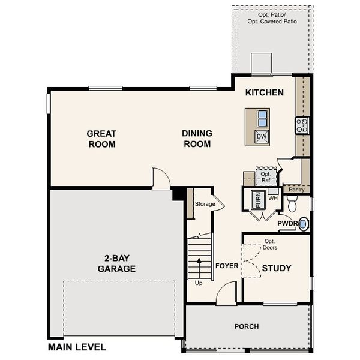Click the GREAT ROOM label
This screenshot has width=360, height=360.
pos(101,139)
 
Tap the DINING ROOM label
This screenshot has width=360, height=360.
pos(196,139)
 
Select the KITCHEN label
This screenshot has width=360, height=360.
pos(264,93)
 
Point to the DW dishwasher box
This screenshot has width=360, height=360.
pos(261,137)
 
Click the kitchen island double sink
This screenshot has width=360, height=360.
pos(261,116)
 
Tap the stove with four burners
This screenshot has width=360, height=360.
pos(302,125)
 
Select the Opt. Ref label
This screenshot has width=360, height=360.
pos(265,176)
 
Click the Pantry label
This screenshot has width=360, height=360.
pos(296,190)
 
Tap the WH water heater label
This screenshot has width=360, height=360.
pos(272,197)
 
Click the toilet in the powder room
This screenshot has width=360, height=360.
pos(292,206)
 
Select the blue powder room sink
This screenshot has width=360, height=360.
pos(304,224)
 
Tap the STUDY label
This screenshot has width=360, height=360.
pos(277,268)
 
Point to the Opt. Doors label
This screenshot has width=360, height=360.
pos(269,244)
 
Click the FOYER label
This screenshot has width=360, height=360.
pos(227,265)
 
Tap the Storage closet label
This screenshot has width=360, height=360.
pos(205,204)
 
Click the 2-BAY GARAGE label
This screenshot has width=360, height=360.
pos(116,264)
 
